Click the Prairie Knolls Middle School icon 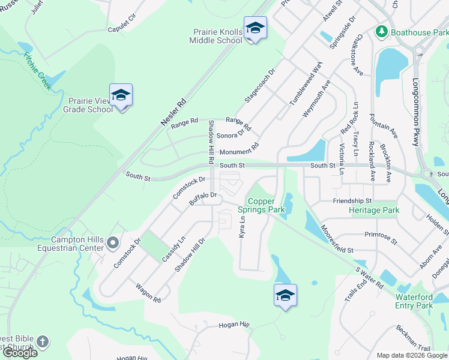[255, 28]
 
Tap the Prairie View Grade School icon [121, 95]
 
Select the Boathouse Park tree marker [380, 31]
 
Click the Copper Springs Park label [261, 205]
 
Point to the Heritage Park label [374, 211]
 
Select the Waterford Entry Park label [414, 301]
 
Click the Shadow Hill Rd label [211, 142]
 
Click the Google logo [20, 353]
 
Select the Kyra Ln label [243, 226]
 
